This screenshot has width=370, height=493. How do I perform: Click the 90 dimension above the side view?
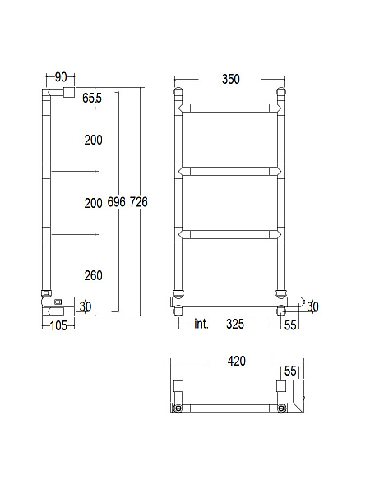61,77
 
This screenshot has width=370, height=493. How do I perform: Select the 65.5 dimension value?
92,98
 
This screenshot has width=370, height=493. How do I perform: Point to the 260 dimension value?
94,275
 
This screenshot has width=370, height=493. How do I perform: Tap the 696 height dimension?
117,202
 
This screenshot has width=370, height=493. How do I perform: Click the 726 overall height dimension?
139,202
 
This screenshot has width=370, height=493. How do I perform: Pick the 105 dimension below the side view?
59,325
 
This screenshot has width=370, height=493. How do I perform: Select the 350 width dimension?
231,79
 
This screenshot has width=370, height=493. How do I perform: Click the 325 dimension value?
235,324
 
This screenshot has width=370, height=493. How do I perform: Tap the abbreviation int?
201,324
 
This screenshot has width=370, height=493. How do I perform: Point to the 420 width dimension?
236,361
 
